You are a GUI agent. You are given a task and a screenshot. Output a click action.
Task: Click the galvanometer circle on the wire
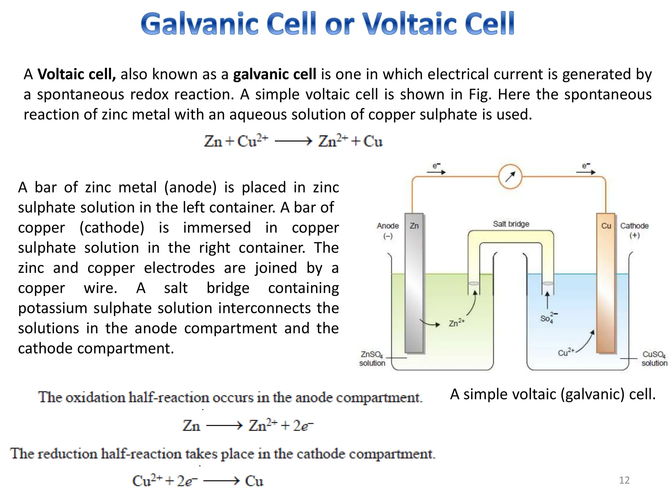pyautogui.click(x=510, y=177)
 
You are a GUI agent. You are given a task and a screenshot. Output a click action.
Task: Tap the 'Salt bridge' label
pyautogui.click(x=511, y=224)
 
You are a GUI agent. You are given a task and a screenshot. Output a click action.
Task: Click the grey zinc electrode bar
pyautogui.click(x=414, y=285)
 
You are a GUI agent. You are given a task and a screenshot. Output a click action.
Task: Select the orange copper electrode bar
pyautogui.click(x=606, y=285)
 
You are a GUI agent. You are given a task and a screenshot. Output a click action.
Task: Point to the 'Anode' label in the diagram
pyautogui.click(x=388, y=226)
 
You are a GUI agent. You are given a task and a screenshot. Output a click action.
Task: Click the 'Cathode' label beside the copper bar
pyautogui.click(x=634, y=226)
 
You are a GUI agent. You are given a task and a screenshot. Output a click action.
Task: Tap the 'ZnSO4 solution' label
pyautogui.click(x=372, y=359)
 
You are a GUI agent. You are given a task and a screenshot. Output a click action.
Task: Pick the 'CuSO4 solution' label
pyautogui.click(x=654, y=359)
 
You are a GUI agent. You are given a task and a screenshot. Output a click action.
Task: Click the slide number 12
pyautogui.click(x=624, y=480)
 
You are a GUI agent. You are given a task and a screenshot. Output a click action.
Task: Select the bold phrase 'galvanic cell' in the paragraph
pyautogui.click(x=274, y=74)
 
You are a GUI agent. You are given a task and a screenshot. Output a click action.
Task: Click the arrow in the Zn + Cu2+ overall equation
pyautogui.click(x=293, y=141)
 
